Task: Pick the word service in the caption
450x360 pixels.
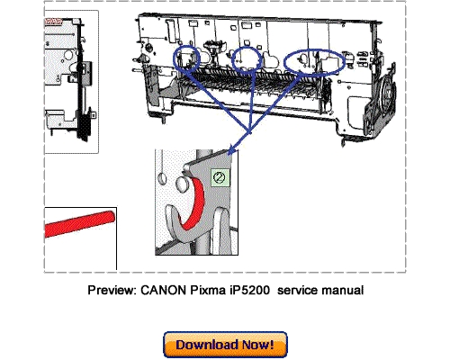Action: point(304,291)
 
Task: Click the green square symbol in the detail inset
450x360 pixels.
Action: point(216,179)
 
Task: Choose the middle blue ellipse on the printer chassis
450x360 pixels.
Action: point(246,59)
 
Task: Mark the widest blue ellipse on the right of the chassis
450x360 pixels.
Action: point(315,61)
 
